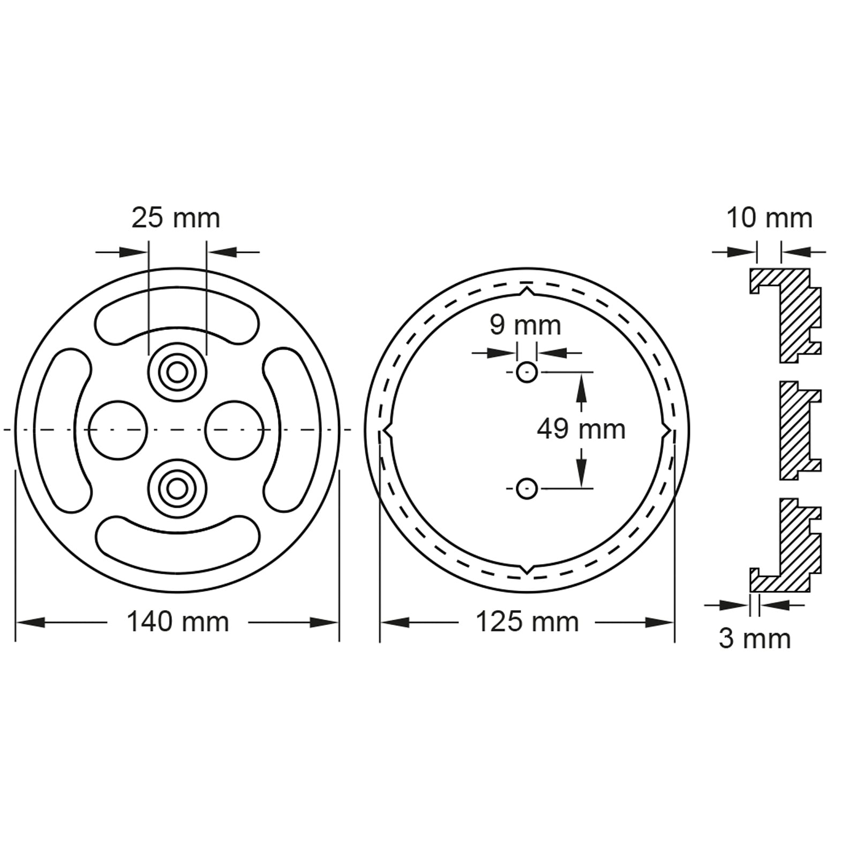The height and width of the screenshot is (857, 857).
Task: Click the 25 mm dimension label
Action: tap(176, 219)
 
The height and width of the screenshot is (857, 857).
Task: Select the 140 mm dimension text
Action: tap(178, 622)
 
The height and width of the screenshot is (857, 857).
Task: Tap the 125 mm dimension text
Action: tap(528, 622)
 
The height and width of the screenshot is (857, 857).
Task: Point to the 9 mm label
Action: tap(525, 325)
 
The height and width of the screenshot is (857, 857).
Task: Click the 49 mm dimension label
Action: tap(581, 430)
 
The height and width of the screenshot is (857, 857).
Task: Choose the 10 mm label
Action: tap(769, 218)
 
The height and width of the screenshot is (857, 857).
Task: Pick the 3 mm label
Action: tap(755, 638)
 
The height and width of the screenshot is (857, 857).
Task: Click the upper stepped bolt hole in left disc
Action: tap(177, 372)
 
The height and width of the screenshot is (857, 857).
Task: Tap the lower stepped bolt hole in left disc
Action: tap(177, 488)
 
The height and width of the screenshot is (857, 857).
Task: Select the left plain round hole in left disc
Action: tap(118, 430)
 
